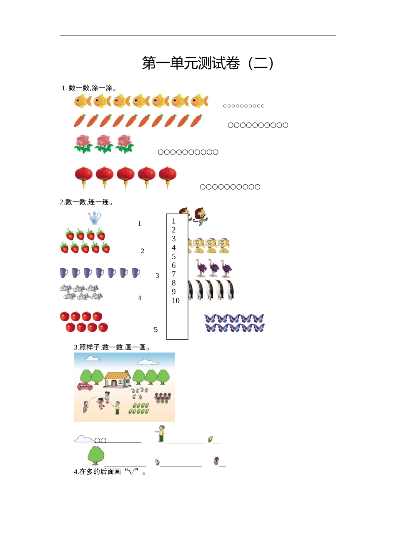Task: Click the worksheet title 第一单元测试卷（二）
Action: (208, 63)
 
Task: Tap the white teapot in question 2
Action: (95, 218)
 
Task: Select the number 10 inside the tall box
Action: (175, 301)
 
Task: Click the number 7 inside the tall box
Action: (174, 274)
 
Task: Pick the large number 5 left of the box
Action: (156, 330)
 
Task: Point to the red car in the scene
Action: (85, 386)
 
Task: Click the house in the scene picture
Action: (118, 379)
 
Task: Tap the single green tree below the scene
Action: (96, 455)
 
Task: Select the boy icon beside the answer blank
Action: (160, 434)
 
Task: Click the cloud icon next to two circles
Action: (84, 439)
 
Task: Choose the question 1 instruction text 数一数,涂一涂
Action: (89, 88)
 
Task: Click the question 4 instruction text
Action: (110, 472)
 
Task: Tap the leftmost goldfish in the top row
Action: (83, 101)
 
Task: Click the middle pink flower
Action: (104, 144)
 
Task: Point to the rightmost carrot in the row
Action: (196, 121)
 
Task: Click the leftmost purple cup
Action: (64, 273)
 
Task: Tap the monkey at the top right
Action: (201, 216)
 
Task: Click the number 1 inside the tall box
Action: (174, 221)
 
